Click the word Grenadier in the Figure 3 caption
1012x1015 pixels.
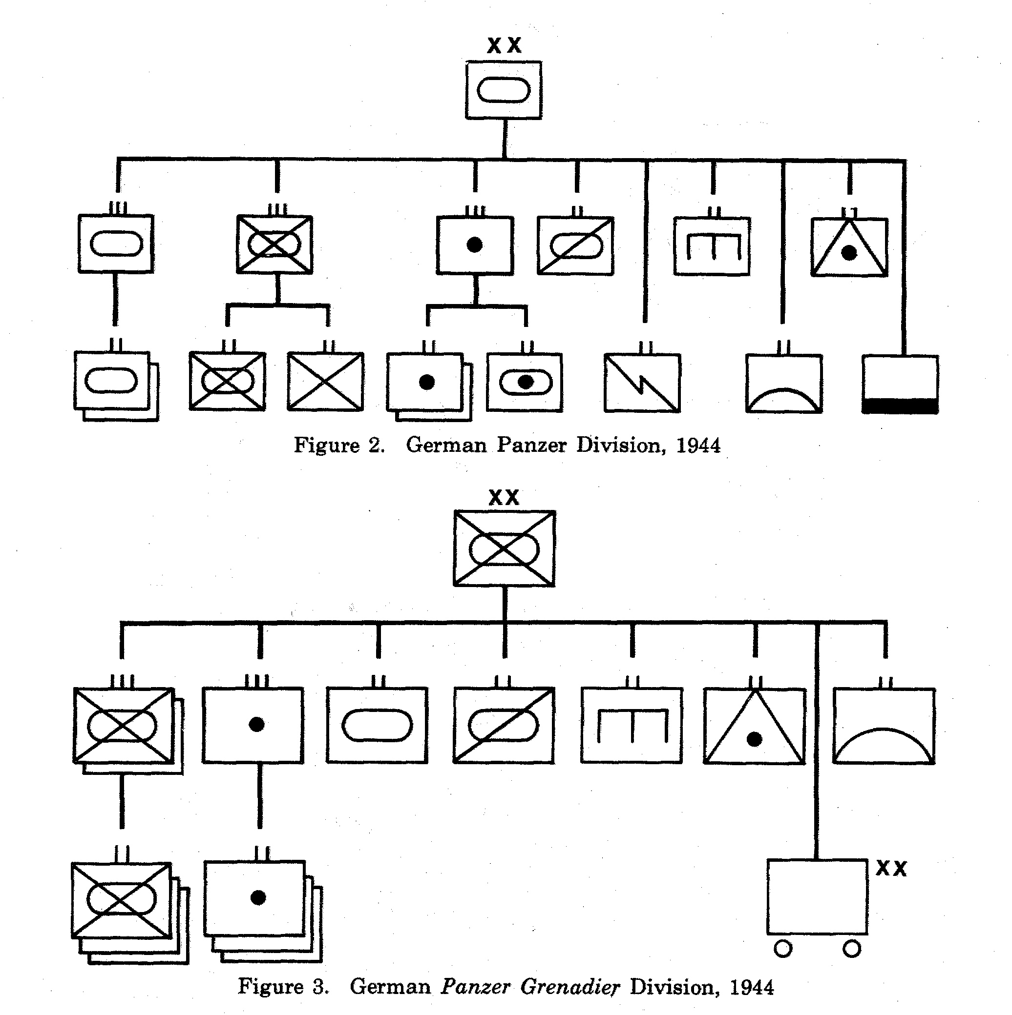point(570,987)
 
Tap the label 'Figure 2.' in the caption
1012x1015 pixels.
point(338,446)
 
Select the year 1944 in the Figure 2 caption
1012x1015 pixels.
point(698,446)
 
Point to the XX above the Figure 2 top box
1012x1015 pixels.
point(504,45)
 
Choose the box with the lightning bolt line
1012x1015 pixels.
point(642,383)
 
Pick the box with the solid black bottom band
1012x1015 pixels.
point(900,384)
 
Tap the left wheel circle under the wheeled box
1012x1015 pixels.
point(783,949)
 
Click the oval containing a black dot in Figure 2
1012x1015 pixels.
point(525,383)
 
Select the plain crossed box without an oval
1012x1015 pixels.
point(325,382)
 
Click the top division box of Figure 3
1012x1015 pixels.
point(504,548)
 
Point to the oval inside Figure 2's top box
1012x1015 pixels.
point(504,90)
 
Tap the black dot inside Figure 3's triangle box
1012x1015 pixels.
point(755,739)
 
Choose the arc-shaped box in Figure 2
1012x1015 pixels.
point(784,384)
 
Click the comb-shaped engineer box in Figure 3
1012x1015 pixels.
point(632,725)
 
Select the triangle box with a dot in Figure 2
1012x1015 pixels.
point(849,247)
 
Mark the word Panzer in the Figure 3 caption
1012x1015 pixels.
point(475,987)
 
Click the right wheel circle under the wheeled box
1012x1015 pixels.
point(852,949)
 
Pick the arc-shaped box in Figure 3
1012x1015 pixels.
point(884,726)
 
